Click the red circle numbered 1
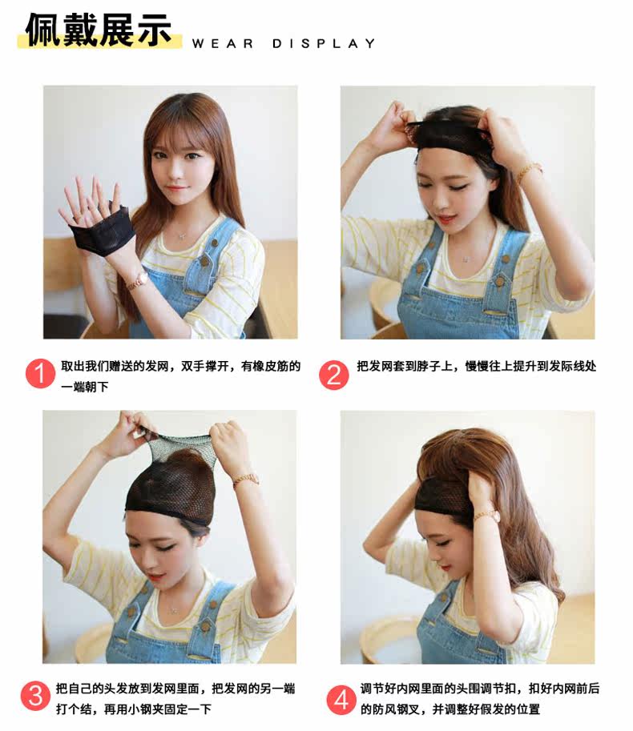tap(41, 374)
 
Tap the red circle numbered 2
tap(334, 375)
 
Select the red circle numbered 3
tap(35, 696)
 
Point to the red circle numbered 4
tap(341, 699)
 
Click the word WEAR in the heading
tap(223, 44)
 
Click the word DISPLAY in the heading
tap(324, 44)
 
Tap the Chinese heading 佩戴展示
tap(99, 30)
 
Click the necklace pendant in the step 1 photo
tap(181, 236)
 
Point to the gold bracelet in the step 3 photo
tap(245, 480)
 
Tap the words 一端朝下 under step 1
tap(85, 387)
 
